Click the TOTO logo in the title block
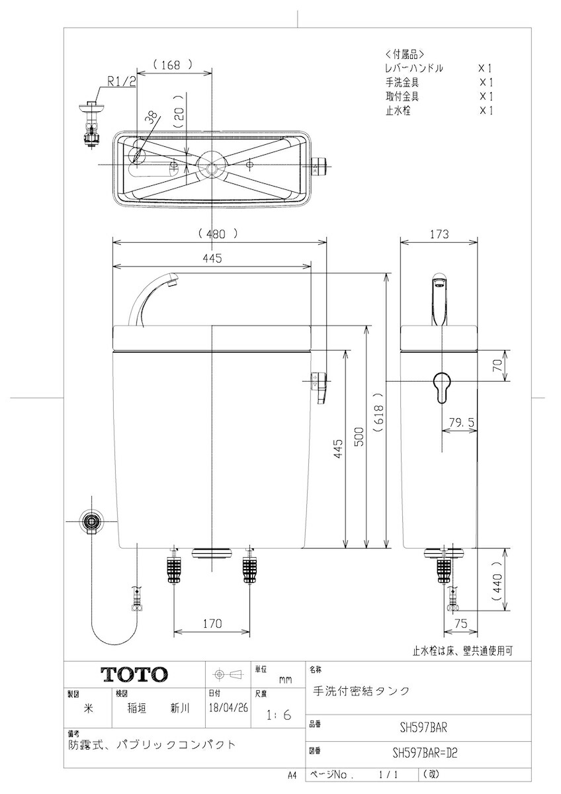(x=134, y=674)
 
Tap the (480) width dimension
(x=218, y=234)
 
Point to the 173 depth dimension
(x=439, y=234)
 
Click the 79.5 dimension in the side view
(x=461, y=422)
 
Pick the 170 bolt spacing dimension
(x=212, y=623)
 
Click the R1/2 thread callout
(x=122, y=82)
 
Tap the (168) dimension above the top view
(x=173, y=65)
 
